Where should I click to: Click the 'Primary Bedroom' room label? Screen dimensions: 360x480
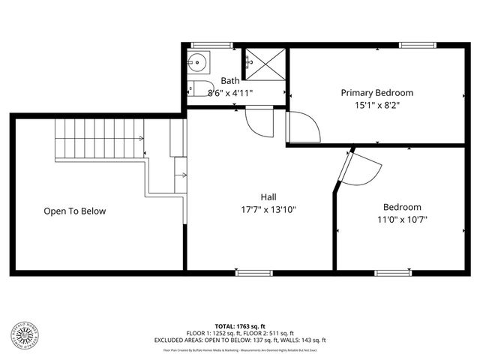376,93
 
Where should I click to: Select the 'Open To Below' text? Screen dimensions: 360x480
74,211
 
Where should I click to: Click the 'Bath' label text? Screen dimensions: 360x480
229,81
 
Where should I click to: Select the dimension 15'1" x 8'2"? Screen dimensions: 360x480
376,105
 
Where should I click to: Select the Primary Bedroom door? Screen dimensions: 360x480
304,127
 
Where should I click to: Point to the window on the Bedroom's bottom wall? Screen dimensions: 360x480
393,272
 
